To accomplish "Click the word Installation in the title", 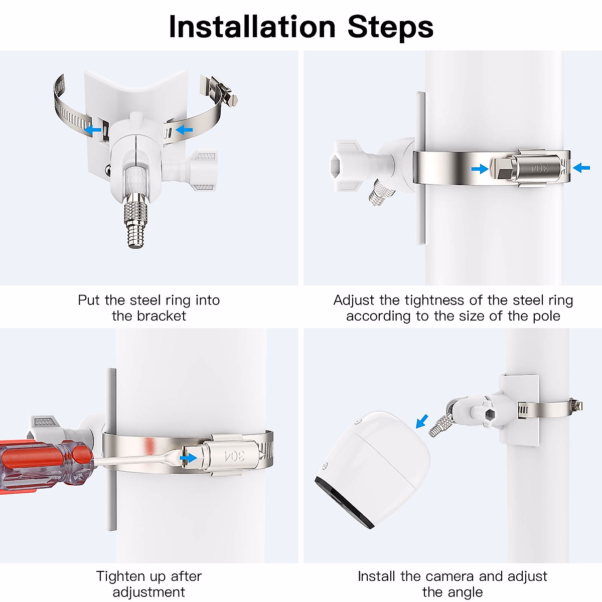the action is click(252, 27).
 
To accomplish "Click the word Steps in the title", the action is click(390, 28).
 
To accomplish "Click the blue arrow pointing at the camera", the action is click(422, 421).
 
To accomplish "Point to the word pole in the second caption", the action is click(547, 316).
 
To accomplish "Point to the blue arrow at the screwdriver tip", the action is click(188, 459).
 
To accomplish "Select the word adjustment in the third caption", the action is click(148, 592).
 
